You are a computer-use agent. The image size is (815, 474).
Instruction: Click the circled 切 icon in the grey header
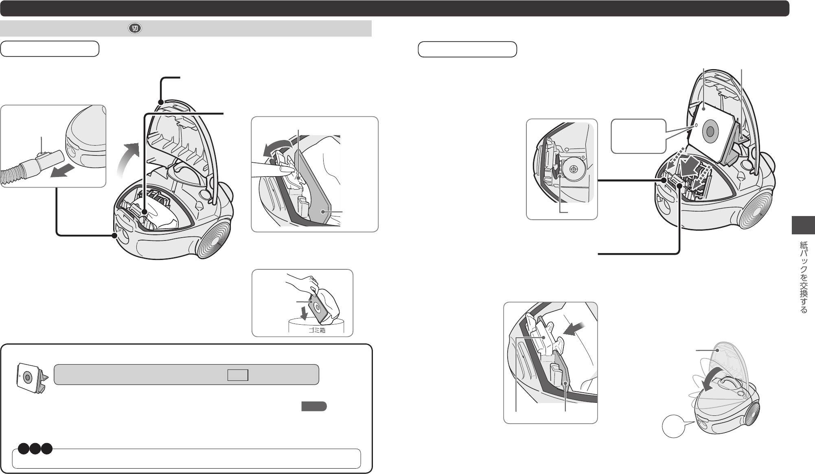point(135,28)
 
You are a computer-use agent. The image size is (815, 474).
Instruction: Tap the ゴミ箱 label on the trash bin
point(317,330)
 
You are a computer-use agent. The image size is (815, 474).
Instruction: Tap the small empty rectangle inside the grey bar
point(238,375)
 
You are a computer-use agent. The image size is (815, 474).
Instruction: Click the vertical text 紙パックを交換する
point(803,277)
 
